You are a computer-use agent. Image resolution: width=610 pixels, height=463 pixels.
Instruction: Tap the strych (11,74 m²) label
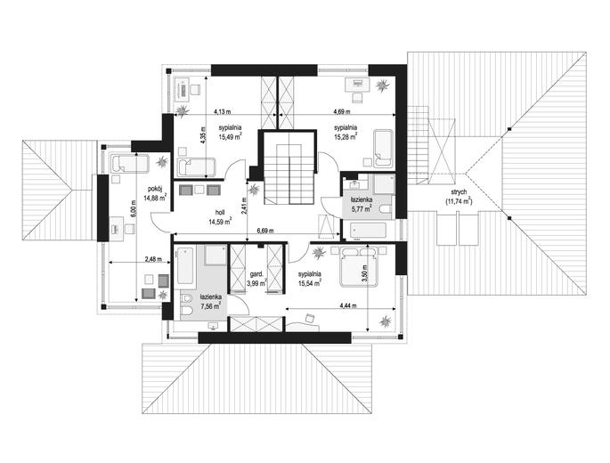point(459,197)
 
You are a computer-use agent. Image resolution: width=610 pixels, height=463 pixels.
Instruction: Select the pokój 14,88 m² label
point(155,193)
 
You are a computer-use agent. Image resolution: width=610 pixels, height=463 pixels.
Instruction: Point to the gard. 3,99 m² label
point(256,279)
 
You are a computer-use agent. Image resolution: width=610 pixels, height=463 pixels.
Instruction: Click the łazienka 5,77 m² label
point(362,204)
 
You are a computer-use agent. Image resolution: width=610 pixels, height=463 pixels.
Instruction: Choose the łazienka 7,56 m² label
point(210,301)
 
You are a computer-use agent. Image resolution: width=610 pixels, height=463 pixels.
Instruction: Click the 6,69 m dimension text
point(265,231)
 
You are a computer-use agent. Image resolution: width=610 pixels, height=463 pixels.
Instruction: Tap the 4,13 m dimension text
point(223,111)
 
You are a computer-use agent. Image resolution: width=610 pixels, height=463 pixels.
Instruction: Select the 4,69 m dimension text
point(342,111)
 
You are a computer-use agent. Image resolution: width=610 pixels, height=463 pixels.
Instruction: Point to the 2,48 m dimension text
point(153,259)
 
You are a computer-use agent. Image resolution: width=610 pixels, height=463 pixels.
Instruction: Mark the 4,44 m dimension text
point(348,305)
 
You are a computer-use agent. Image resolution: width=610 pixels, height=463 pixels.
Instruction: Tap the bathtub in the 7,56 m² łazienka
point(185,266)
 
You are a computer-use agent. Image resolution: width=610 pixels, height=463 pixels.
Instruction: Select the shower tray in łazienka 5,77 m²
point(384,184)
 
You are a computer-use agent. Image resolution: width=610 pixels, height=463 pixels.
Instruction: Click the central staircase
point(289,174)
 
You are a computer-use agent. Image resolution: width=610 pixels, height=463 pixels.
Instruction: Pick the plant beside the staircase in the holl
point(255,190)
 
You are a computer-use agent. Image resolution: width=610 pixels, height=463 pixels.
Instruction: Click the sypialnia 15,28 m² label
point(346,132)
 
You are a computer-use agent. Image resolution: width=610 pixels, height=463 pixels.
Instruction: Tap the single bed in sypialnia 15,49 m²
point(196,167)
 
